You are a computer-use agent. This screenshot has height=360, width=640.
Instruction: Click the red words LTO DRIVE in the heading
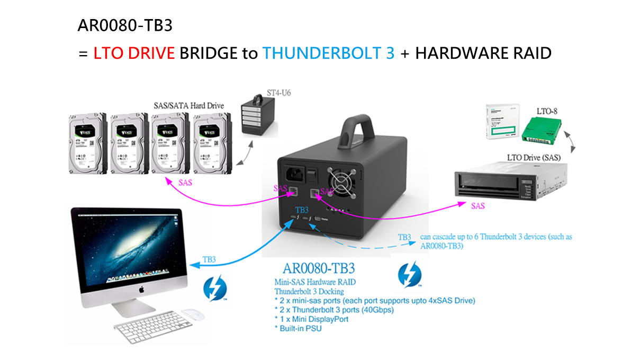point(134,53)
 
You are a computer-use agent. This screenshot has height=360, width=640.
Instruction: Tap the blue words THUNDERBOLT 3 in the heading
point(328,53)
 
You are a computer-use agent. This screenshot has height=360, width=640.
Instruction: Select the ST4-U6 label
point(278,93)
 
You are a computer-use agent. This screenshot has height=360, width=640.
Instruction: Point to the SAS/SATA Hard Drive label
point(188,105)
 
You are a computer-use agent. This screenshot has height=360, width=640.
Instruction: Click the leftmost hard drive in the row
point(88,143)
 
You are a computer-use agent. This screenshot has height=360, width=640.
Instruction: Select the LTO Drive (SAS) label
point(534,157)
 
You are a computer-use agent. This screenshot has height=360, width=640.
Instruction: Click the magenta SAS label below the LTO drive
point(477,206)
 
